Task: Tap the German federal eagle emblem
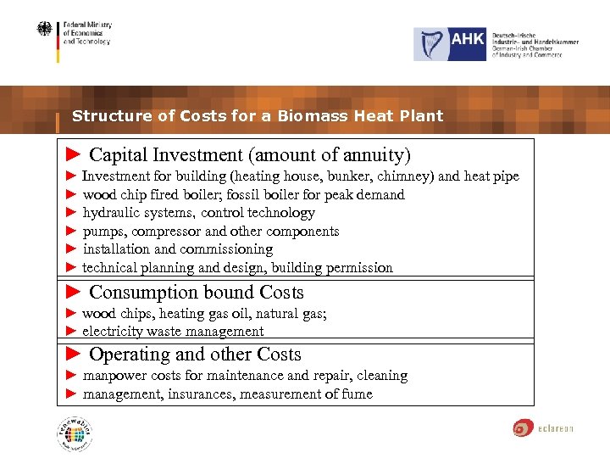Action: coord(43,31)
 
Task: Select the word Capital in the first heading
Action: coord(119,155)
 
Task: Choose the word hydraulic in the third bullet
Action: coord(113,213)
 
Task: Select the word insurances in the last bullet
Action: coord(201,394)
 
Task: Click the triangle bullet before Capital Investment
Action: coord(73,155)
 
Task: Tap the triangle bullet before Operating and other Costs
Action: coord(73,355)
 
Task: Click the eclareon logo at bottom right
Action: coord(542,428)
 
